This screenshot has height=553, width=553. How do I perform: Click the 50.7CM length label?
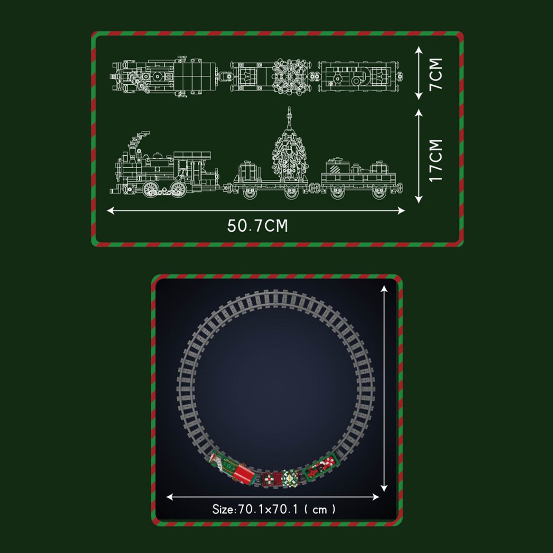click(257, 226)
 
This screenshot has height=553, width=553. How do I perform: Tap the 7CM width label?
click(436, 74)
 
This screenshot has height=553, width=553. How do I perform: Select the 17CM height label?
click(436, 160)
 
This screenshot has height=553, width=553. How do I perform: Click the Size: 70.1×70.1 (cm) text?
click(274, 509)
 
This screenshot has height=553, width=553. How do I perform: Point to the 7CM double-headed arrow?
click(419, 73)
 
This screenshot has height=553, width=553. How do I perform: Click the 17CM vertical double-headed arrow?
click(419, 156)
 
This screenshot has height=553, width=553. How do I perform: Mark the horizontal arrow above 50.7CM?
click(256, 210)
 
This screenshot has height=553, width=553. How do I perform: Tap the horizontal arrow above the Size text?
click(273, 497)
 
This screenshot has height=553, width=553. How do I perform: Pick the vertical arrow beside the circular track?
click(384, 388)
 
